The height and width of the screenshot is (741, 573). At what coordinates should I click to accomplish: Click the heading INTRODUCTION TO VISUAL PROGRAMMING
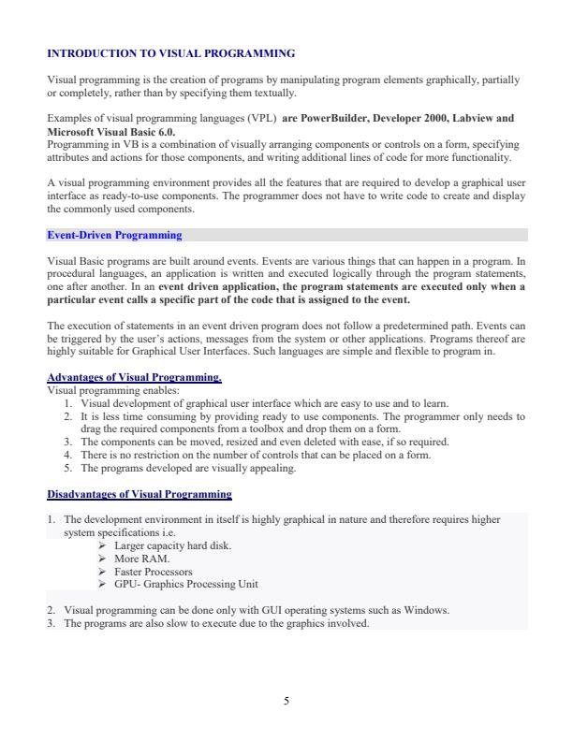click(x=170, y=54)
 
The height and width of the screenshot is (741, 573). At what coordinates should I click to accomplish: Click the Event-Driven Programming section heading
click(x=114, y=235)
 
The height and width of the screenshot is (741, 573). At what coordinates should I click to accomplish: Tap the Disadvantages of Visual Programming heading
click(x=139, y=493)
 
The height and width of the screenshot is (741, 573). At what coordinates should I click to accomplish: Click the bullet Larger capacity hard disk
click(x=172, y=545)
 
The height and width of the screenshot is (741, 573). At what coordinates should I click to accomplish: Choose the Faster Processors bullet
click(x=153, y=571)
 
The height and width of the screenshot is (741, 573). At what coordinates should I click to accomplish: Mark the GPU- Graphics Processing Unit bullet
click(x=185, y=584)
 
